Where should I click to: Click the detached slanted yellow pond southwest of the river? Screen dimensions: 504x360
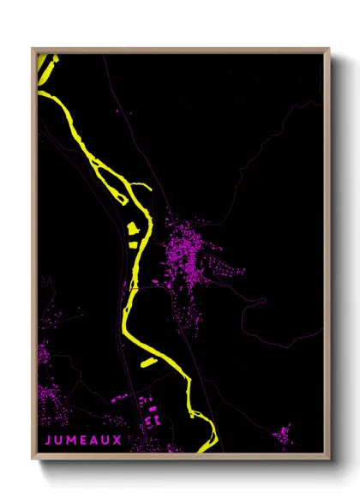click(x=148, y=363)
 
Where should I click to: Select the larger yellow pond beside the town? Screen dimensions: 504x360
click(x=132, y=229)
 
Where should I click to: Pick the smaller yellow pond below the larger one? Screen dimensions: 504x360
click(x=134, y=243)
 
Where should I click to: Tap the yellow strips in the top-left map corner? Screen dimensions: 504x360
click(x=46, y=67)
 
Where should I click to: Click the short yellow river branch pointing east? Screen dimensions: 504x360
click(x=141, y=185)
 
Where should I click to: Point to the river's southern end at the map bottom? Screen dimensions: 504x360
click(x=204, y=447)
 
